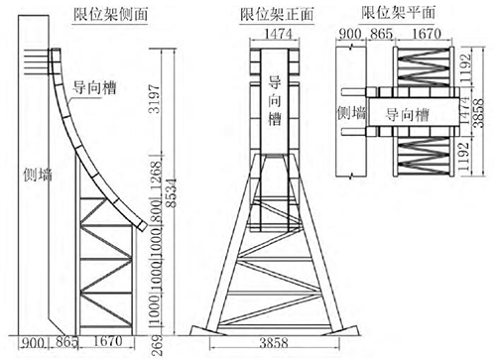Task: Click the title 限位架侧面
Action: click(110, 15)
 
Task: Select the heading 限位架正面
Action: click(277, 15)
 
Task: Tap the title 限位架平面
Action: click(398, 13)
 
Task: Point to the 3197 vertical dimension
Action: click(155, 99)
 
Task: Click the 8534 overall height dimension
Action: click(172, 193)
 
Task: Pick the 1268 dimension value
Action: click(157, 177)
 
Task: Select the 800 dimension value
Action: click(157, 210)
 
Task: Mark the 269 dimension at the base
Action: click(157, 345)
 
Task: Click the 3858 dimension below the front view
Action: click(274, 343)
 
